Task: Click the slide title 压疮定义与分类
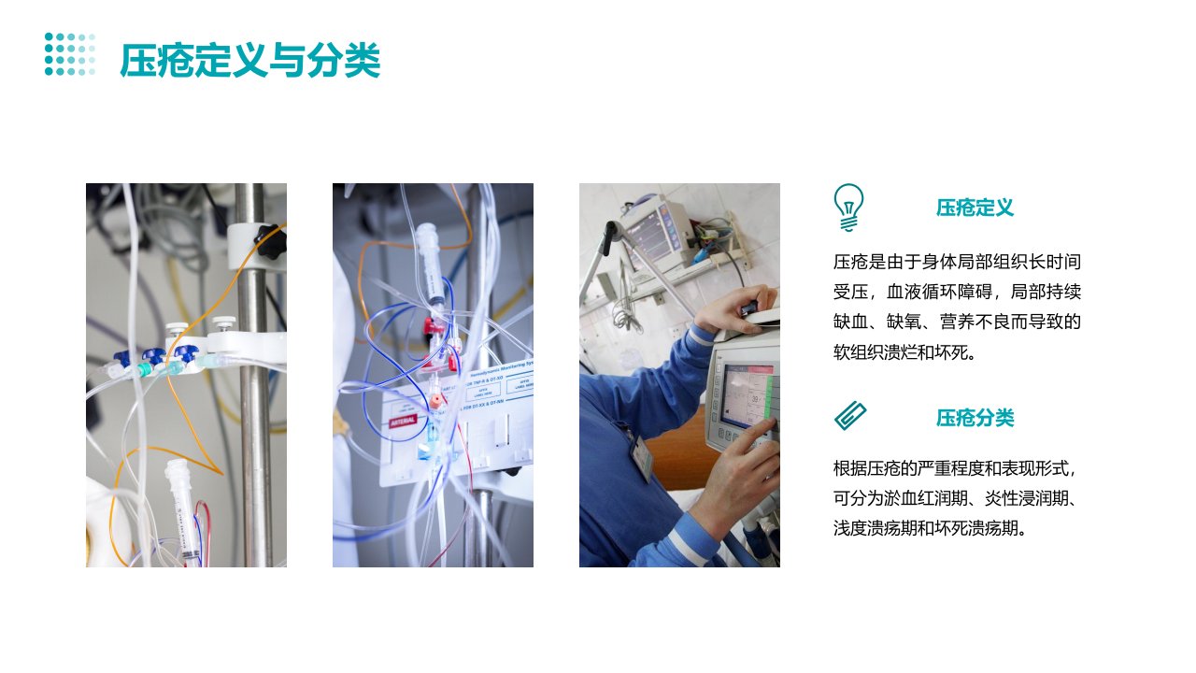point(249,60)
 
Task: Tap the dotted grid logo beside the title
point(70,54)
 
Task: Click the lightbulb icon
point(848,208)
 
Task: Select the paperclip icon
point(850,416)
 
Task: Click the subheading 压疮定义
point(975,208)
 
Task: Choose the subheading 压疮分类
point(975,418)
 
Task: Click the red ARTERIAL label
point(402,421)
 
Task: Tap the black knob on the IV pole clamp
point(270,241)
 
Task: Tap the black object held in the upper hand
point(748,308)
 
